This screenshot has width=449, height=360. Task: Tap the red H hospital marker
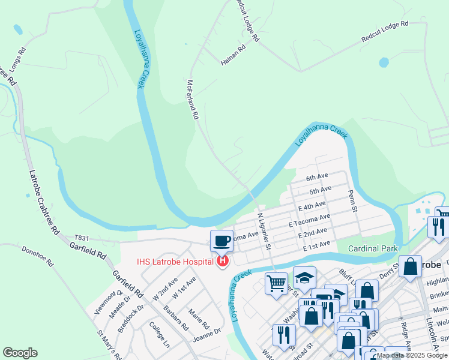pos(223,261)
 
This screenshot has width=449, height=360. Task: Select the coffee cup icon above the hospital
pos(221,241)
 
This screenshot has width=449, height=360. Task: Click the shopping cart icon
pos(277,283)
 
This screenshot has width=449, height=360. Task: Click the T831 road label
pos(82,238)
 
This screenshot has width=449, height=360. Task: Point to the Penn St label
pos(353,202)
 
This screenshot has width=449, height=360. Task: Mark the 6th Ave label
pos(318,178)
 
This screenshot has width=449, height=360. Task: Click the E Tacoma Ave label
pos(309,220)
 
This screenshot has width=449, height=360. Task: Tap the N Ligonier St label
pos(265,231)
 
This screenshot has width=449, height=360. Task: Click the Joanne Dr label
pos(207,334)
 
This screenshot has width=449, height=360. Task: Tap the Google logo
pos(20,353)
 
